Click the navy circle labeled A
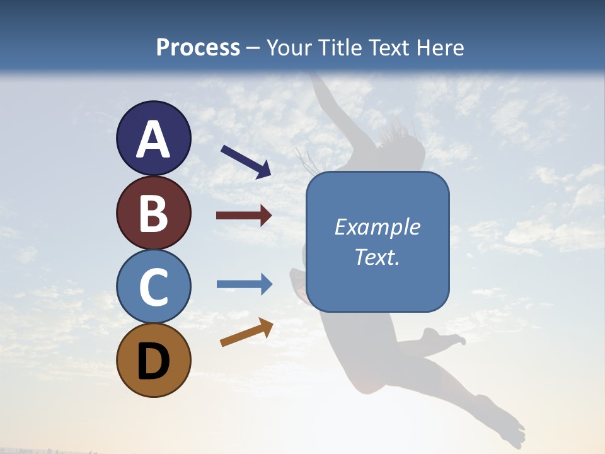point(153,138)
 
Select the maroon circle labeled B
point(153,212)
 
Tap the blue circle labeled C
point(153,286)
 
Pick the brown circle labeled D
point(153,360)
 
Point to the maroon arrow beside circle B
point(244,216)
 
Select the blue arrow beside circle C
point(245,284)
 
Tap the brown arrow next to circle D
point(246,332)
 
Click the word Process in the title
point(198,47)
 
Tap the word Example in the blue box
point(377,227)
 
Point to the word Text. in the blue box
point(377,257)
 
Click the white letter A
point(153,139)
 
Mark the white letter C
point(153,287)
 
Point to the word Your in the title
point(287,47)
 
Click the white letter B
point(153,213)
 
